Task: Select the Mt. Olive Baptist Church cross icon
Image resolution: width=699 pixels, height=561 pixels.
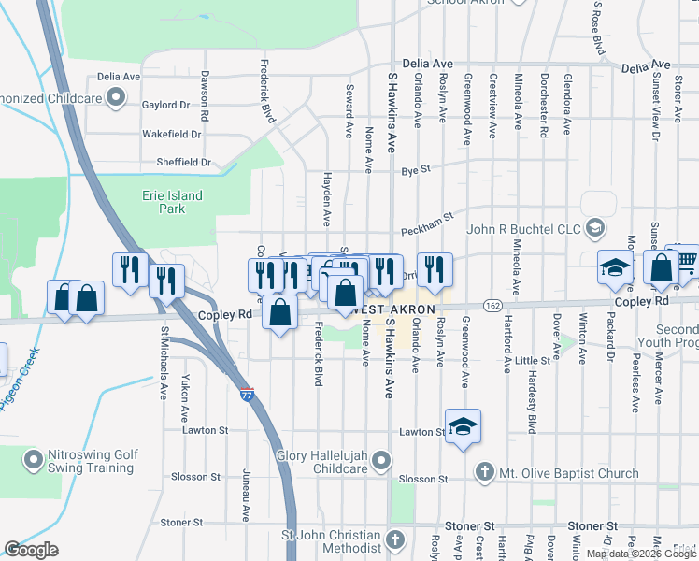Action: [x=484, y=472]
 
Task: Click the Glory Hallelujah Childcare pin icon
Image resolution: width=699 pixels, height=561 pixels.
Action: [x=380, y=460]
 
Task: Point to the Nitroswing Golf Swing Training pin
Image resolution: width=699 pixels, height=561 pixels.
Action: [x=34, y=460]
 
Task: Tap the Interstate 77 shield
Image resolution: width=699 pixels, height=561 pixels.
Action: [x=247, y=395]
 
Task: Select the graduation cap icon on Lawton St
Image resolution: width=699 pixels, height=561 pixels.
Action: [x=463, y=427]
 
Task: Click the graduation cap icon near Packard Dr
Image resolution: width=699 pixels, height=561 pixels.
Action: [x=616, y=268]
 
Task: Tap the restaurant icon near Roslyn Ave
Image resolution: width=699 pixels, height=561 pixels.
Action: [x=434, y=268]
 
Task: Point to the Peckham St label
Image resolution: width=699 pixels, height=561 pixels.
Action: [x=427, y=224]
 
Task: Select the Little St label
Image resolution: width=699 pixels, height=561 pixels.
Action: [x=532, y=360]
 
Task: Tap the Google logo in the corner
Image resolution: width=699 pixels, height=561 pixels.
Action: [x=32, y=550]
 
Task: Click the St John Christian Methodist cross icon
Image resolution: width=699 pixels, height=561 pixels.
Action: [x=395, y=539]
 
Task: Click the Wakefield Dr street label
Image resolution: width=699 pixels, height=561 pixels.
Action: [x=171, y=134]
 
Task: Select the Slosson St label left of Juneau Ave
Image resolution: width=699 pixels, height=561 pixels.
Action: [x=195, y=477]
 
